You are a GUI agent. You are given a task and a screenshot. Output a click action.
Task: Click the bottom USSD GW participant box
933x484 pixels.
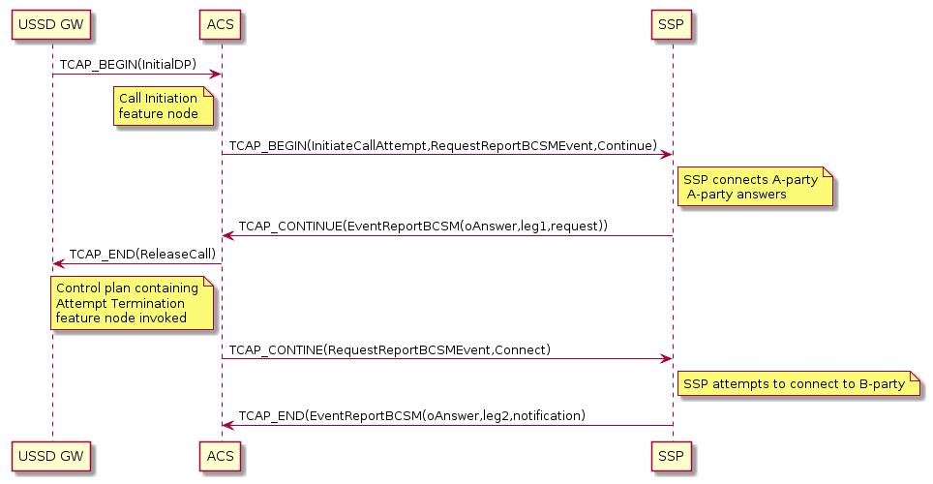(x=52, y=455)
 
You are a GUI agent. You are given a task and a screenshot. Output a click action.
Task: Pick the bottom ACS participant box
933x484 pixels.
(x=221, y=455)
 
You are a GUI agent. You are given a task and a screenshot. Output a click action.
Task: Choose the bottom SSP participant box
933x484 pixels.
(x=672, y=455)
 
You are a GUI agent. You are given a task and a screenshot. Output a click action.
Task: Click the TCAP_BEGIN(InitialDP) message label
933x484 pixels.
(x=128, y=64)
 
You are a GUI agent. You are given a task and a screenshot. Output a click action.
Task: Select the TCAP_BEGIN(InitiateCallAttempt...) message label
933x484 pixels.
(x=442, y=145)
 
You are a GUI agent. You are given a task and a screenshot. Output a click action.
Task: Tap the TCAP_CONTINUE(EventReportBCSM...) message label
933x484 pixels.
(x=423, y=226)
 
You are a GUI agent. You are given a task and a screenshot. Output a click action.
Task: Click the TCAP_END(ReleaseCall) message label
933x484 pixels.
(x=141, y=254)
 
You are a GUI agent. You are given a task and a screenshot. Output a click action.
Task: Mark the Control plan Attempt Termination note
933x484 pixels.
(x=132, y=303)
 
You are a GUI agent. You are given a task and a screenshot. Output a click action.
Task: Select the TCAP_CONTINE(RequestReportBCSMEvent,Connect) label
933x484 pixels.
(x=389, y=348)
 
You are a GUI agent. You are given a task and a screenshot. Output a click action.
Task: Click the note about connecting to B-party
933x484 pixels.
(x=799, y=384)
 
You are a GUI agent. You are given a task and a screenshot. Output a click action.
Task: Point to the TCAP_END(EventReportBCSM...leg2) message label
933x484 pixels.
(x=411, y=415)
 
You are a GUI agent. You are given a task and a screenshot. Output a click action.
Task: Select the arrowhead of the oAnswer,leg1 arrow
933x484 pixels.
(x=227, y=235)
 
